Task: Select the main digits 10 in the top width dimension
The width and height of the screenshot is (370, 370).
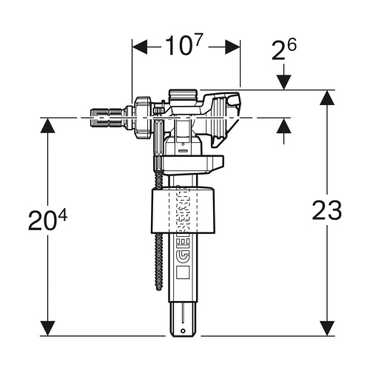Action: point(173,48)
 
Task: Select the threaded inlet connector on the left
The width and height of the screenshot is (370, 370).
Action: point(107,117)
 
